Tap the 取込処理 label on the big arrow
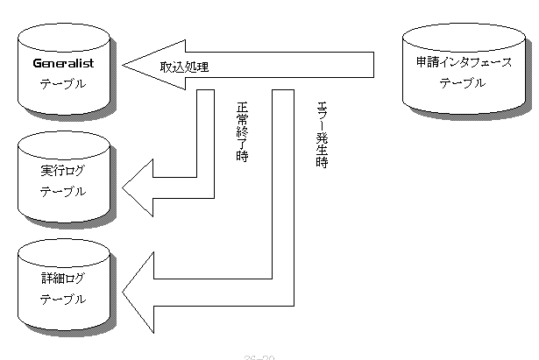(x=183, y=67)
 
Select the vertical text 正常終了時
(x=243, y=133)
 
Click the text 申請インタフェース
(x=464, y=64)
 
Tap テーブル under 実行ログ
(x=63, y=190)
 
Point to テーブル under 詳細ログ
(x=63, y=299)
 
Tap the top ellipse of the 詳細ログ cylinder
(x=64, y=255)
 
